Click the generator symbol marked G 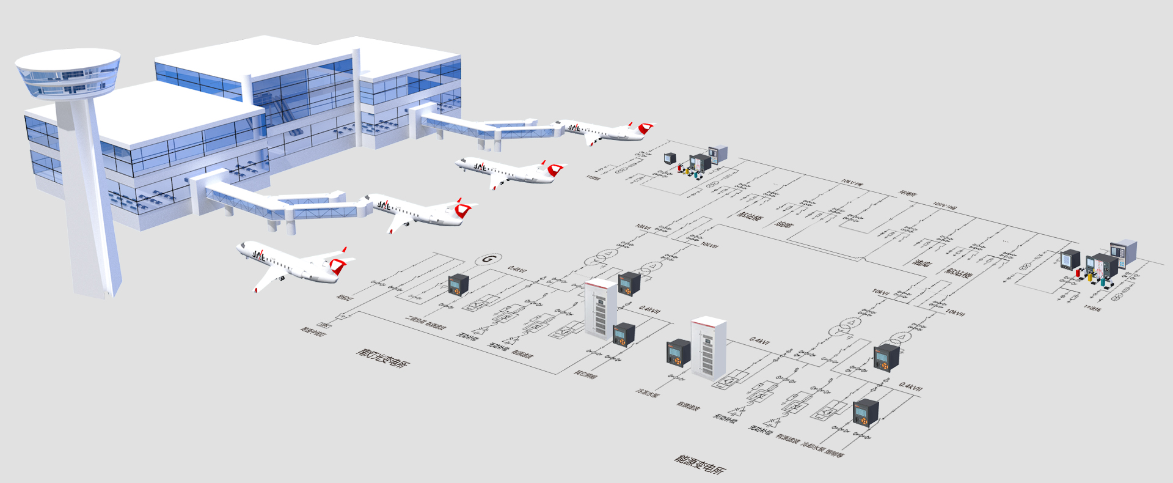pyautogui.click(x=488, y=259)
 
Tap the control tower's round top pyautogui.click(x=67, y=72)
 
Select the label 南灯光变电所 pyautogui.click(x=383, y=358)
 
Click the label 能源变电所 pyautogui.click(x=700, y=465)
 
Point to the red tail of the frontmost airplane pyautogui.click(x=338, y=264)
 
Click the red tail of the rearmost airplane pyautogui.click(x=645, y=128)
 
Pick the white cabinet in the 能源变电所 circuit pyautogui.click(x=709, y=348)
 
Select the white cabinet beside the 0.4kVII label pyautogui.click(x=601, y=307)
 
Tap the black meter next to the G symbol pyautogui.click(x=458, y=284)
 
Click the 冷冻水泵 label pyautogui.click(x=648, y=394)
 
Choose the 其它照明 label pyautogui.click(x=585, y=374)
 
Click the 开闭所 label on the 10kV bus pyautogui.click(x=907, y=194)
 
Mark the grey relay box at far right pyautogui.click(x=1123, y=253)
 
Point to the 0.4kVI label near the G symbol pyautogui.click(x=517, y=268)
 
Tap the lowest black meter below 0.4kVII pyautogui.click(x=866, y=413)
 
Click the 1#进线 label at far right pyautogui.click(x=1092, y=308)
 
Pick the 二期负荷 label pyautogui.click(x=415, y=320)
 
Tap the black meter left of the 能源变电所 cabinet pyautogui.click(x=678, y=353)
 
